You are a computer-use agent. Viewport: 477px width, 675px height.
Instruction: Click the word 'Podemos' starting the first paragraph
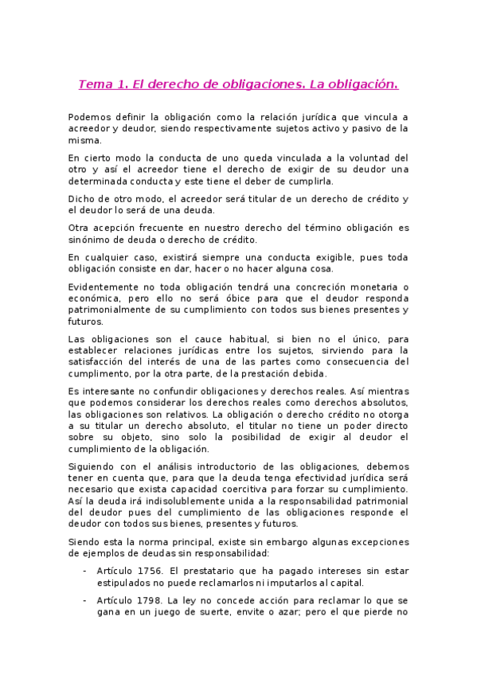(x=91, y=116)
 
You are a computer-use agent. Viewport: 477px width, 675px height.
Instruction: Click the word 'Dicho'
(x=81, y=198)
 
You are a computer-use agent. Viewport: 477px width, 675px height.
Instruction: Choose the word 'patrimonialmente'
(x=114, y=310)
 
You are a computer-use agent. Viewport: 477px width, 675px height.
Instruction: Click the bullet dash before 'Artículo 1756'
(x=85, y=570)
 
